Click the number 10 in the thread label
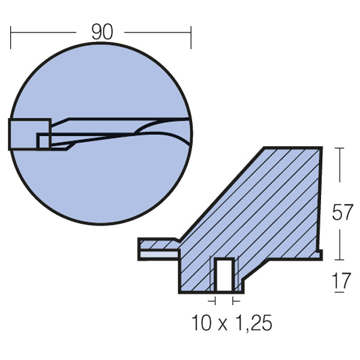203,323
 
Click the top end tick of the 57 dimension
340,148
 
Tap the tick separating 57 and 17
340,260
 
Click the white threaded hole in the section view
224,275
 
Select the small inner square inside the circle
43,140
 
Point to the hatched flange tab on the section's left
157,244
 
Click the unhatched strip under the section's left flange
159,254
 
